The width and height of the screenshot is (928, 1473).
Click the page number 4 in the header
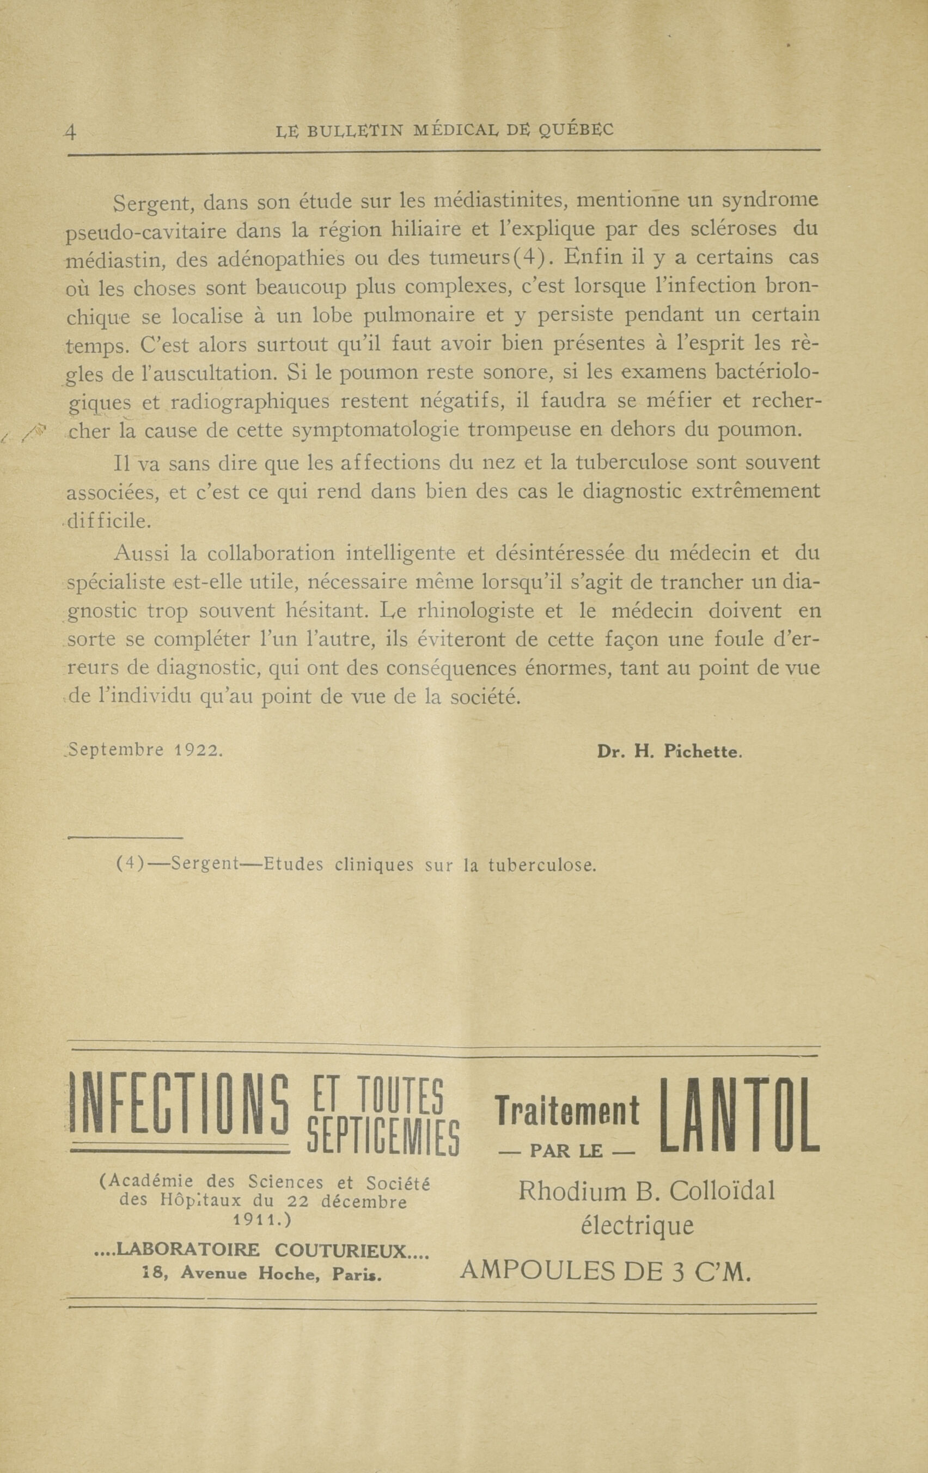click(x=71, y=133)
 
